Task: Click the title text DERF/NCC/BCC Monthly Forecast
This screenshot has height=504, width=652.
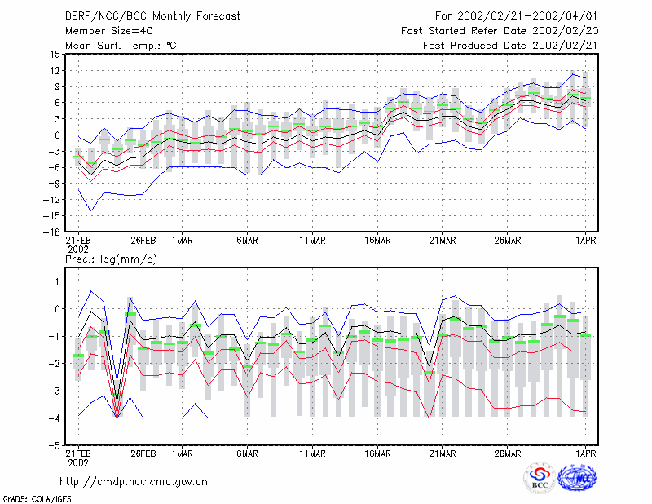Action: [x=152, y=16]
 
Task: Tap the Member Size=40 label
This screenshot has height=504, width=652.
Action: [x=109, y=31]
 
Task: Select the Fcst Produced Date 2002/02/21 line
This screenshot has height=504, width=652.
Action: [x=510, y=46]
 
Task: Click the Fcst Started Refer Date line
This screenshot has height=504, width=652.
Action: [x=500, y=31]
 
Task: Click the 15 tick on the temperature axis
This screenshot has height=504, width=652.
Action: [x=55, y=55]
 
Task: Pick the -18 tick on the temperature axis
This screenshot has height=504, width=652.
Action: [x=52, y=232]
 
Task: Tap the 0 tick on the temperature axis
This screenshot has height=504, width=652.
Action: [x=58, y=135]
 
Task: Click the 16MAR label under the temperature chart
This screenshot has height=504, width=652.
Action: [x=377, y=241]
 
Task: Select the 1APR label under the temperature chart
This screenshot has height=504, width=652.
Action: [x=586, y=241]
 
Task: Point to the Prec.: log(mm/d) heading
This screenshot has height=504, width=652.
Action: [x=111, y=259]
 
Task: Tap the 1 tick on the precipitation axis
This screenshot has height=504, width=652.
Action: [x=58, y=281]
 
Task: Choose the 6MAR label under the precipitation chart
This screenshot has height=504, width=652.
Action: [x=247, y=453]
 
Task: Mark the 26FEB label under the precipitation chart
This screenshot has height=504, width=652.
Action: [x=143, y=453]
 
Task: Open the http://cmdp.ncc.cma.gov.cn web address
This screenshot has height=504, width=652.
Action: [x=134, y=482]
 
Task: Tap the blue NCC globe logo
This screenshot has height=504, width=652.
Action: [x=577, y=478]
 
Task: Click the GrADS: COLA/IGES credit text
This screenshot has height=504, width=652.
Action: [x=37, y=499]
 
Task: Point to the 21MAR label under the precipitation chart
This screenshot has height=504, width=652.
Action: [x=443, y=453]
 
